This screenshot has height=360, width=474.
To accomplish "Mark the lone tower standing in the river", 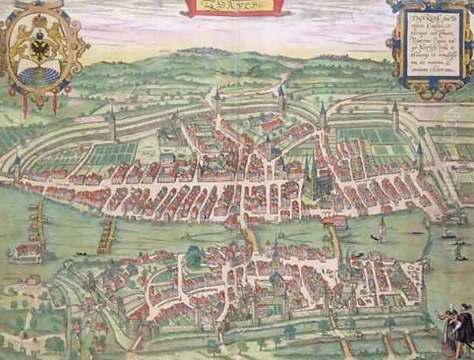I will [382, 228].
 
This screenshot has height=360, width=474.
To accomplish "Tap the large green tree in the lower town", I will [194, 255].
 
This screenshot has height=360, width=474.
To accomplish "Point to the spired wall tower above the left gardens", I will [113, 126].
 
